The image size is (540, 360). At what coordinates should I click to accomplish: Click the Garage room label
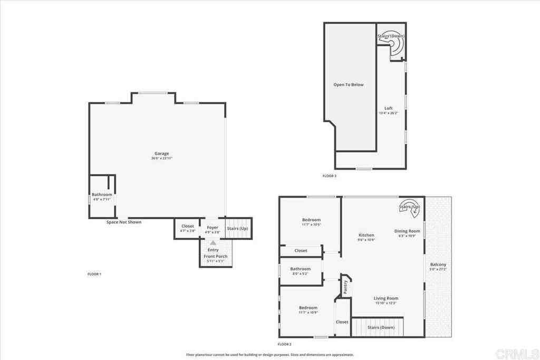click(161, 153)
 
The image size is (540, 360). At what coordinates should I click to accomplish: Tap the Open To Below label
click(348, 84)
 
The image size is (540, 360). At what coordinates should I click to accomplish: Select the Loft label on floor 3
click(389, 109)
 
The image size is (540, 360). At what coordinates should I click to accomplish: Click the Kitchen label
click(367, 235)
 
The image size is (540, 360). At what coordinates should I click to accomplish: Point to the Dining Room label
click(407, 231)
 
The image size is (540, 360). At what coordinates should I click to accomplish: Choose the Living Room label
click(386, 298)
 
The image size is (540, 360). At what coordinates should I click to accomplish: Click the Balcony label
click(438, 265)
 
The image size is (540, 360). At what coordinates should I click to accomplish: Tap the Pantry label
click(345, 287)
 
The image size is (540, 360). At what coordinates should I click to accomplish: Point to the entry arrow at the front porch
click(213, 244)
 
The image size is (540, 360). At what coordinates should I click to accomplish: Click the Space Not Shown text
click(124, 222)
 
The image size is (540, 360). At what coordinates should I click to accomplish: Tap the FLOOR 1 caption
click(94, 274)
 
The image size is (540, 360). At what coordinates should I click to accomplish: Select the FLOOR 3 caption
click(329, 176)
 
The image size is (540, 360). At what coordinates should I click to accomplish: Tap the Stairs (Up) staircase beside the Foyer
click(238, 228)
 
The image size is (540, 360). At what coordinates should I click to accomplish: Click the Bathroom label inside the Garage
click(102, 194)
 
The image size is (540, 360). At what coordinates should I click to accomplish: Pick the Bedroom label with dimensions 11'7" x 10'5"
click(311, 220)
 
